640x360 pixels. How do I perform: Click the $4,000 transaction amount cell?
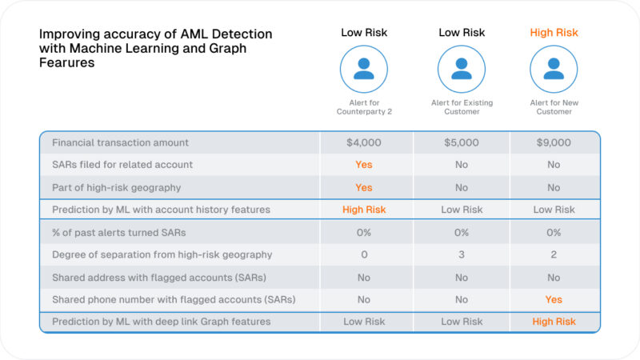click(364, 142)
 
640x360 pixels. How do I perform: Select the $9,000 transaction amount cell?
click(554, 142)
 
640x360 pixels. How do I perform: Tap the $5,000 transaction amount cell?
click(462, 142)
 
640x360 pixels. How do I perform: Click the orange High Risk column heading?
click(554, 33)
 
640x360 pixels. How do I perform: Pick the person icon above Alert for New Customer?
click(554, 69)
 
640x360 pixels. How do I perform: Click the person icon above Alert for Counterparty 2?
click(364, 69)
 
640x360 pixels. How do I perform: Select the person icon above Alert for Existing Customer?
click(462, 69)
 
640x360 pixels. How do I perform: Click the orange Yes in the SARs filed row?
click(364, 165)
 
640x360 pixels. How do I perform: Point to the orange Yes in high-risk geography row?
click(364, 187)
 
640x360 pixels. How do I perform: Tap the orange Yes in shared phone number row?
click(554, 300)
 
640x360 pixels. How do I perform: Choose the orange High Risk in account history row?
click(364, 210)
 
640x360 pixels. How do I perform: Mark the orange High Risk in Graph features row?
click(554, 322)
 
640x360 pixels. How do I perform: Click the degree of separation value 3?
click(462, 254)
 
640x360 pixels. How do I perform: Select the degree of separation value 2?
click(554, 254)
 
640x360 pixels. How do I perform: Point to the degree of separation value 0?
click(364, 254)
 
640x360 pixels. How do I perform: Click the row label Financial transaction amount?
click(120, 142)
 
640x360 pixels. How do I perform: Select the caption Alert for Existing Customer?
click(462, 107)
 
